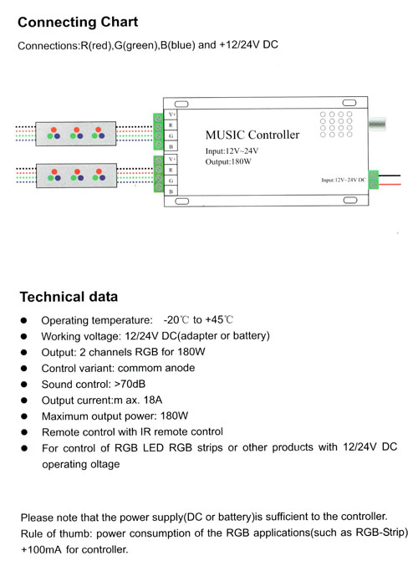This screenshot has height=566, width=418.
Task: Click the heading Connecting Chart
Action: point(78,22)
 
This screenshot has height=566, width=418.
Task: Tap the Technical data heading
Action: point(69,297)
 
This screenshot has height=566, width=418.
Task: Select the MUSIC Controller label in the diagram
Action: point(252,135)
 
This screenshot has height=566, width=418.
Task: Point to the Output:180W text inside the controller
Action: point(228,161)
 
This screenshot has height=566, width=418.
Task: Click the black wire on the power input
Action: point(390,176)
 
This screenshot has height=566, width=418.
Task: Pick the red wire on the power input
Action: point(390,185)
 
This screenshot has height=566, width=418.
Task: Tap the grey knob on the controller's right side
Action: point(377,124)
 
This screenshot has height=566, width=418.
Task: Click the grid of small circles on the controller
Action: point(336,125)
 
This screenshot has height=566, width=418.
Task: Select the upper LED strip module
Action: point(76,134)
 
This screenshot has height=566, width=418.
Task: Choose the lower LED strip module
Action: point(77,176)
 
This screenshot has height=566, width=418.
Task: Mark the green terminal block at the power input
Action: point(373,180)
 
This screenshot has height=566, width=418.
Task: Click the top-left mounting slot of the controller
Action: point(181,104)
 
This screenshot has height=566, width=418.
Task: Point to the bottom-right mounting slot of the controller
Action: point(350,200)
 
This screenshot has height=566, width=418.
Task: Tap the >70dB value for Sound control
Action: point(130,384)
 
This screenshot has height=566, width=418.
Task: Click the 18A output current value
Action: point(153,400)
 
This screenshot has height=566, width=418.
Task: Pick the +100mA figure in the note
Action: point(41,550)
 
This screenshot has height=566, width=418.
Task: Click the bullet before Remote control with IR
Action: point(24,432)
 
